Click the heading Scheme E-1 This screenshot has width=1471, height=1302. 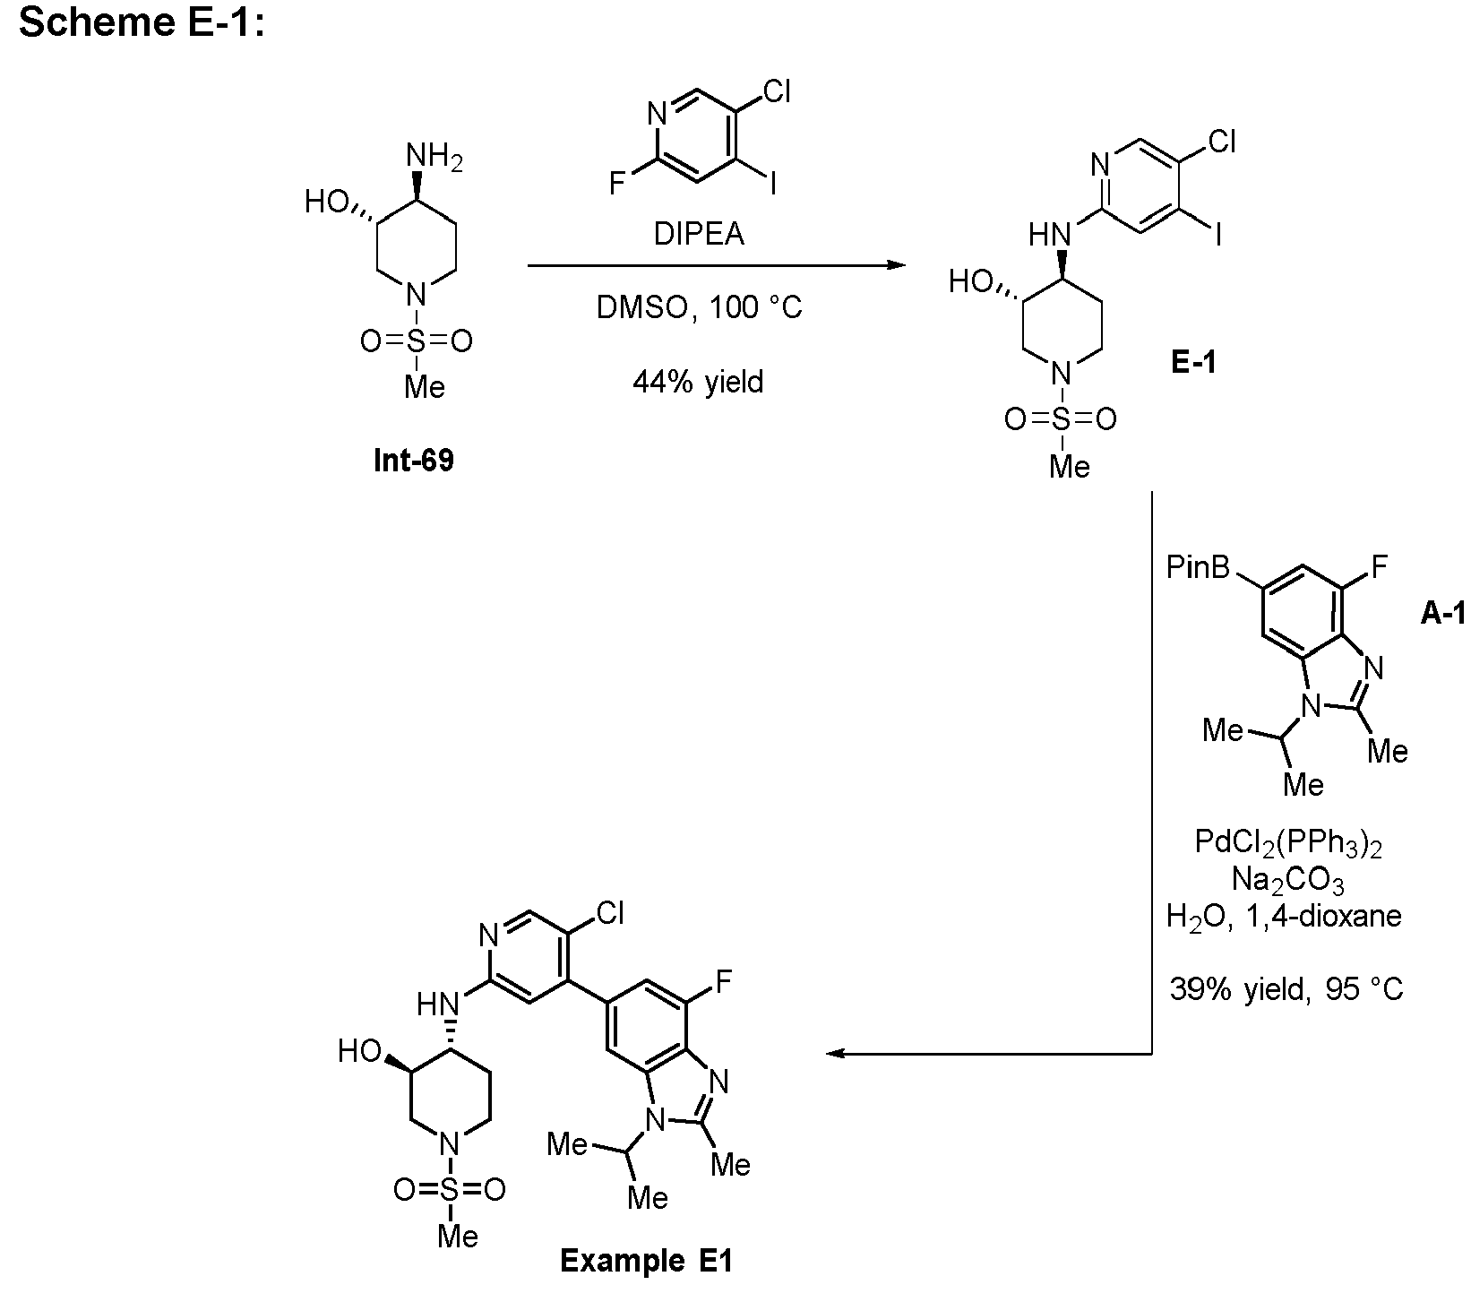point(142,22)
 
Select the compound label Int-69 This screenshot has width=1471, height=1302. point(414,461)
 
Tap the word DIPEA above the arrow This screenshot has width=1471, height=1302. point(698,234)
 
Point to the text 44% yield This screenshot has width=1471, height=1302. point(698,382)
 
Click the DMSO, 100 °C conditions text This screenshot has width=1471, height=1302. point(699,308)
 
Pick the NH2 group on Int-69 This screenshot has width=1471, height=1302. point(435,158)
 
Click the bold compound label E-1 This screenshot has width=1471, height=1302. point(1193,362)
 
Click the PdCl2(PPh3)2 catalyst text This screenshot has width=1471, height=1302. point(1288,844)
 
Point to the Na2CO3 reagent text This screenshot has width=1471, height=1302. point(1288,882)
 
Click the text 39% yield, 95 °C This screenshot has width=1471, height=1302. point(1286,988)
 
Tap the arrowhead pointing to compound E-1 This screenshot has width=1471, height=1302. point(892,265)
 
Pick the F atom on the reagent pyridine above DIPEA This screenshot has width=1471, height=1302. point(617,184)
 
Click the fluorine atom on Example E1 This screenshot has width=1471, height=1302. point(723,982)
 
